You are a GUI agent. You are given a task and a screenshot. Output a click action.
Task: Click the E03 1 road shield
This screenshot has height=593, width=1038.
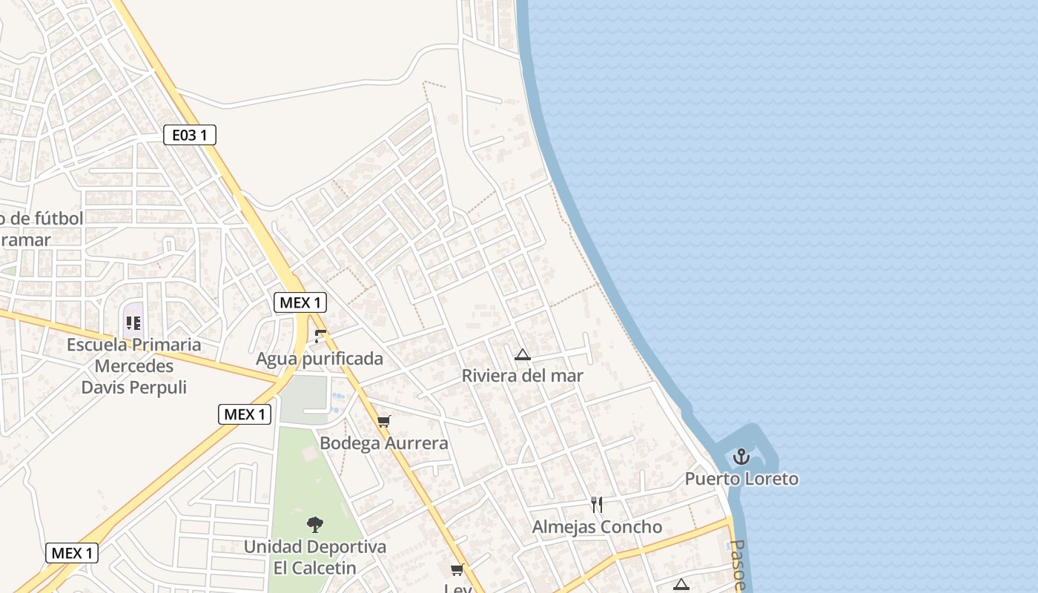click(190, 135)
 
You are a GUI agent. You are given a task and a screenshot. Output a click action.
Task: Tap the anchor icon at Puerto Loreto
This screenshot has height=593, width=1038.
click(741, 457)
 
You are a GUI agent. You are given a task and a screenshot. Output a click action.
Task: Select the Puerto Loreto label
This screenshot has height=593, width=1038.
click(741, 479)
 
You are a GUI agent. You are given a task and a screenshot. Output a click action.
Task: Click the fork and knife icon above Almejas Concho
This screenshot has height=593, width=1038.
click(597, 505)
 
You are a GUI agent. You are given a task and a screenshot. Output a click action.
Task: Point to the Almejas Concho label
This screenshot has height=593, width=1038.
click(597, 527)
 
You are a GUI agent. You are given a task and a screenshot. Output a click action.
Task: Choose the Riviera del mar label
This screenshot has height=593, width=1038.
click(522, 376)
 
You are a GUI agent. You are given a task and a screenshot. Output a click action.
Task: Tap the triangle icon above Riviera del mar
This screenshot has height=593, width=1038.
click(523, 355)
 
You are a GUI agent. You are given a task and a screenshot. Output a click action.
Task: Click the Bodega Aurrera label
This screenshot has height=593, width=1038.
click(384, 443)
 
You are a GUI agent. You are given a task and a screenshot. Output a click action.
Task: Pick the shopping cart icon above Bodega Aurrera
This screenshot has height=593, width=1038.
click(383, 422)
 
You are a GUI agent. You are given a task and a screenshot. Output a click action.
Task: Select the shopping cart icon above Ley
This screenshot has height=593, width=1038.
click(457, 569)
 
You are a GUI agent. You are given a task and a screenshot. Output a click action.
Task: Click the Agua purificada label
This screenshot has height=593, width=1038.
click(320, 360)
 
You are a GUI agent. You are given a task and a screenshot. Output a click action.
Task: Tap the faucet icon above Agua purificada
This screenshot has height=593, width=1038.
click(320, 337)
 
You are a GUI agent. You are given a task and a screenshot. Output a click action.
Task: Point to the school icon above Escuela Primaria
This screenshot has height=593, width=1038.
click(133, 322)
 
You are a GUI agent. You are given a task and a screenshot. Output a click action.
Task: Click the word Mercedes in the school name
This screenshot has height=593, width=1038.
click(134, 366)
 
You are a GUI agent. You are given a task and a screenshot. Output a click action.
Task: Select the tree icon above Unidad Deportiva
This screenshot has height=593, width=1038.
click(315, 525)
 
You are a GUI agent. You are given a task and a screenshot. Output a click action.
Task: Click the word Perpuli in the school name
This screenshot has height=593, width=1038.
click(159, 388)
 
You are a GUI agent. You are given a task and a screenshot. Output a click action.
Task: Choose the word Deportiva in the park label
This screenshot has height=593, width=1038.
click(347, 547)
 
